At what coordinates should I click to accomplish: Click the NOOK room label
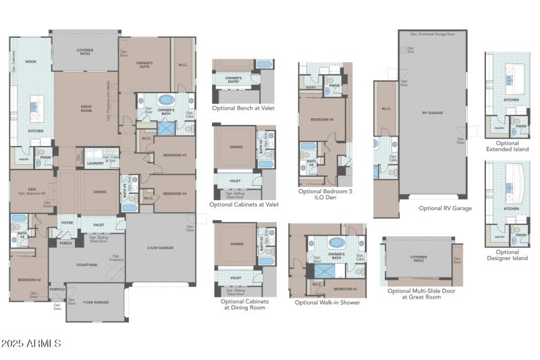30,61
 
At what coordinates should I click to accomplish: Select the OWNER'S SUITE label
145,65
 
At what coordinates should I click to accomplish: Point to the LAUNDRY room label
95,163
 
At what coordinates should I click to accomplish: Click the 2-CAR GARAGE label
161,248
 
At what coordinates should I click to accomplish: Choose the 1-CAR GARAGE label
96,302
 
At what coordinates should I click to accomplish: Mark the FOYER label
67,224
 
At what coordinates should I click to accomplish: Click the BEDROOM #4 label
174,194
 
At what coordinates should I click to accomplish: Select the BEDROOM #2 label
29,279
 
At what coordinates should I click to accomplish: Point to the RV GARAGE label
432,113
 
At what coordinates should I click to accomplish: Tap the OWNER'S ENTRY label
234,79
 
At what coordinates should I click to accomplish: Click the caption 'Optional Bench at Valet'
243,107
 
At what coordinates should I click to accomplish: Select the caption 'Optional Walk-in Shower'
327,302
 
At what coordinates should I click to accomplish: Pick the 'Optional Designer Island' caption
507,255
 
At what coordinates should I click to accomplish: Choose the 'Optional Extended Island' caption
507,145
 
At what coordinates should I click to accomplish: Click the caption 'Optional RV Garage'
445,208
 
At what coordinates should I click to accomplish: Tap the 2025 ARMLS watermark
31,344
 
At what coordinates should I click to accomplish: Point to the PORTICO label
57,289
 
